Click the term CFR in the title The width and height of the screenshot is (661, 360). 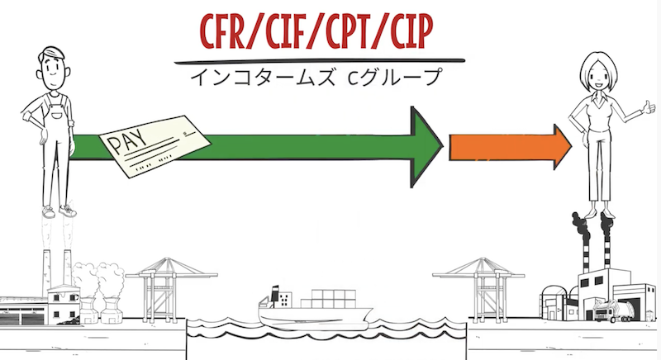click(x=224, y=31)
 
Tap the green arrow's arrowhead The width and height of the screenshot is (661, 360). click(x=426, y=147)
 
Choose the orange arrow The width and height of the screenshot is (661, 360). click(x=510, y=147)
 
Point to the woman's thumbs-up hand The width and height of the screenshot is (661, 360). click(x=648, y=107)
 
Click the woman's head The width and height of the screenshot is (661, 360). click(x=597, y=72)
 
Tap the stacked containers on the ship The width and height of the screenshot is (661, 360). click(x=328, y=299)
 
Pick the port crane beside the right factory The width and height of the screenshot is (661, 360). click(x=479, y=289)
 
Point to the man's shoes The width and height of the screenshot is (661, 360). click(x=59, y=211)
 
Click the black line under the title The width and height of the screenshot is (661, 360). click(x=320, y=61)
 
